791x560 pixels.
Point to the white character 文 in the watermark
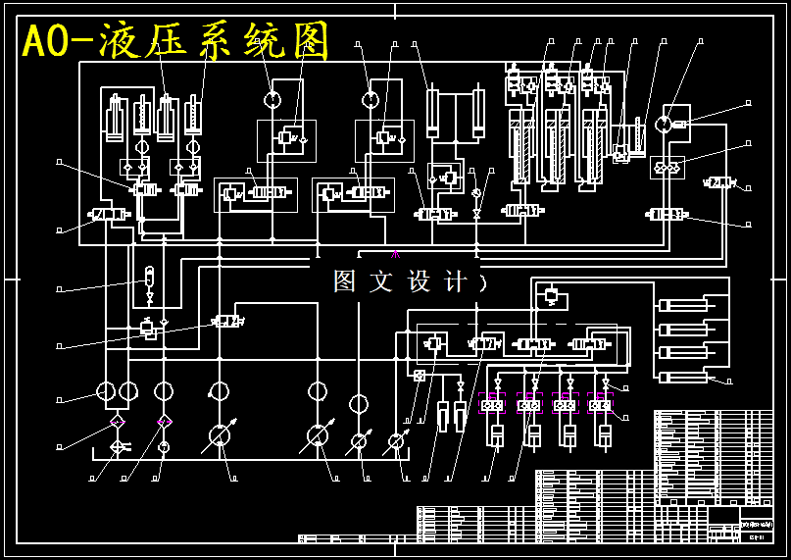click(380, 281)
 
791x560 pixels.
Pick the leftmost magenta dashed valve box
click(491, 403)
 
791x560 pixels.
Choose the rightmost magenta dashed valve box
click(600, 403)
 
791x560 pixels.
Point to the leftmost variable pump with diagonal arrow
click(220, 436)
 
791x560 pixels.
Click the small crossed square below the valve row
click(420, 376)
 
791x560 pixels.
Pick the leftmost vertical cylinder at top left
click(115, 117)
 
